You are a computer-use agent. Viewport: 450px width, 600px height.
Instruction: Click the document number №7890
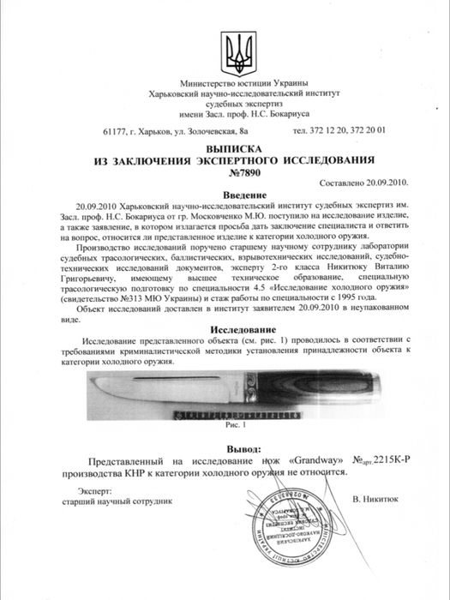[225, 172]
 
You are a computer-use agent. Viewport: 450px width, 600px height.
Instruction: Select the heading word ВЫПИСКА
[225, 147]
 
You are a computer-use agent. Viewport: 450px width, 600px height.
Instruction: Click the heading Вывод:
[225, 447]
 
